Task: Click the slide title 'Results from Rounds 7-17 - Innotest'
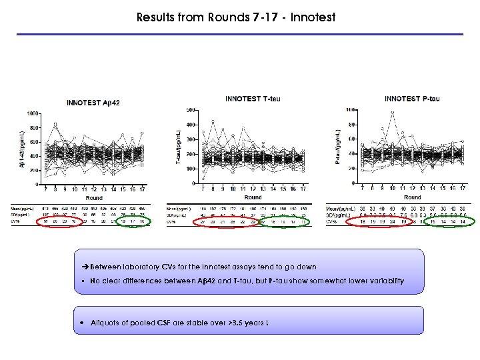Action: click(x=235, y=17)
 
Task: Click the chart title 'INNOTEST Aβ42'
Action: click(x=93, y=103)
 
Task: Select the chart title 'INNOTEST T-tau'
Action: click(x=253, y=99)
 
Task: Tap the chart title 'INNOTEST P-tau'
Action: click(x=412, y=99)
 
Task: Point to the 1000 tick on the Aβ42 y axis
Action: click(x=30, y=114)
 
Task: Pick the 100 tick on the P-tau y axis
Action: click(x=353, y=110)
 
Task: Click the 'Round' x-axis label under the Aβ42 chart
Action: click(x=93, y=199)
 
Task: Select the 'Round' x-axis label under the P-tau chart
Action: click(x=413, y=197)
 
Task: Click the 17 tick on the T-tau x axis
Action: click(x=303, y=189)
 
